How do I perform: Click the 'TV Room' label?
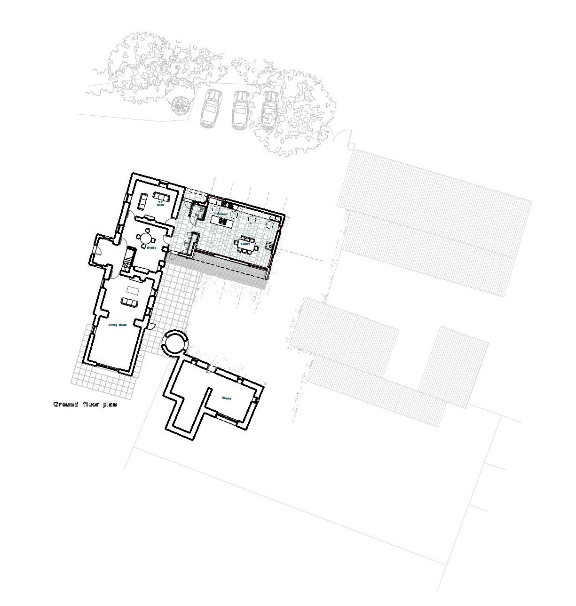pos(160,204)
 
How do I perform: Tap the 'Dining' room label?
pos(151,247)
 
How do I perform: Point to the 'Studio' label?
pos(227,399)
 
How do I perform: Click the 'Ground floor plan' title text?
pos(85,404)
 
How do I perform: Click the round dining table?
pos(145,238)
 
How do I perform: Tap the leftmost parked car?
pos(208,108)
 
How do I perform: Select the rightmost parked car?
pos(269,110)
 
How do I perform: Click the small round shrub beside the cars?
pos(179,104)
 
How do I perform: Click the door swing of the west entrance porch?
pos(97,250)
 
